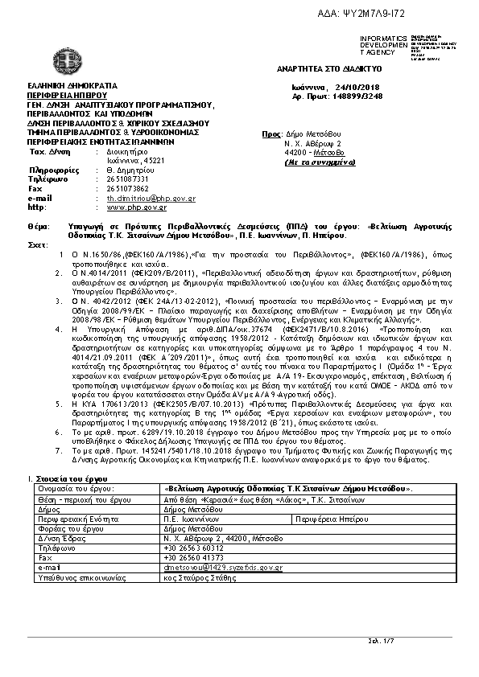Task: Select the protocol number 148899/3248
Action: (x=362, y=95)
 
